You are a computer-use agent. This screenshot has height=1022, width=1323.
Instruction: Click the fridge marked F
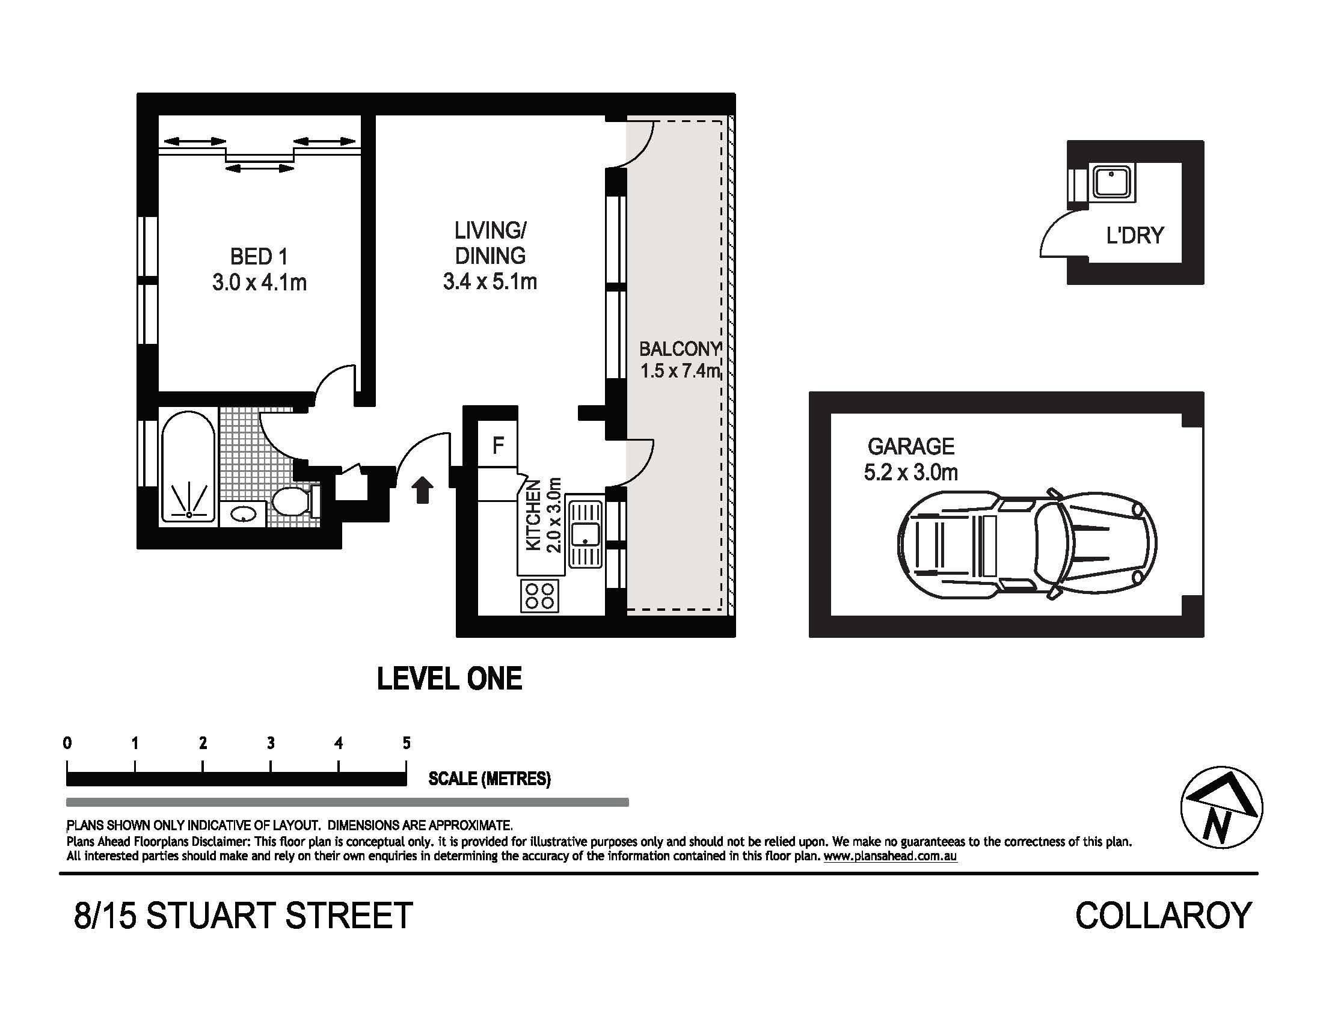point(497,444)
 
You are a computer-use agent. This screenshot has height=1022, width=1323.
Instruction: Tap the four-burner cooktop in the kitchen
point(539,595)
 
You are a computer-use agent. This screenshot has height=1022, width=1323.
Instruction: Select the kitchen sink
point(585,533)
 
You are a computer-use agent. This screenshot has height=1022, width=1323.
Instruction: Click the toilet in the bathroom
point(295,502)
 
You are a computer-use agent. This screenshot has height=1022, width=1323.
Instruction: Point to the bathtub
point(188,466)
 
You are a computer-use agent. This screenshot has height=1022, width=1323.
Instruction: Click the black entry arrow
point(422,489)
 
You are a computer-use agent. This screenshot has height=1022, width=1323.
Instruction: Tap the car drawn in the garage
point(1026,544)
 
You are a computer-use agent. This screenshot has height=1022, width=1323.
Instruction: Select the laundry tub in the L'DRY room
point(1111,182)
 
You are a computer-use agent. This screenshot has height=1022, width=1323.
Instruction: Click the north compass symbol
point(1222,807)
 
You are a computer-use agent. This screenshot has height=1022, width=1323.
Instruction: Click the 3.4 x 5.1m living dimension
point(490,281)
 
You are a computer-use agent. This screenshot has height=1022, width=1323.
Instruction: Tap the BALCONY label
point(680,349)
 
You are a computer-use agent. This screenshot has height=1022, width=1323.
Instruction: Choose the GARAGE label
point(910,446)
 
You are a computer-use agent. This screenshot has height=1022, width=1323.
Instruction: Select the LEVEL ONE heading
point(449,679)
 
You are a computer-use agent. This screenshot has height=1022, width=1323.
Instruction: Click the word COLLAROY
point(1163,916)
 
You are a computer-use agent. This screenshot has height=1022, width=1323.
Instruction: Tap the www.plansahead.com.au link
point(890,856)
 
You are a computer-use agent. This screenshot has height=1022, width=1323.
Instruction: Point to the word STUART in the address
point(209,916)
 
